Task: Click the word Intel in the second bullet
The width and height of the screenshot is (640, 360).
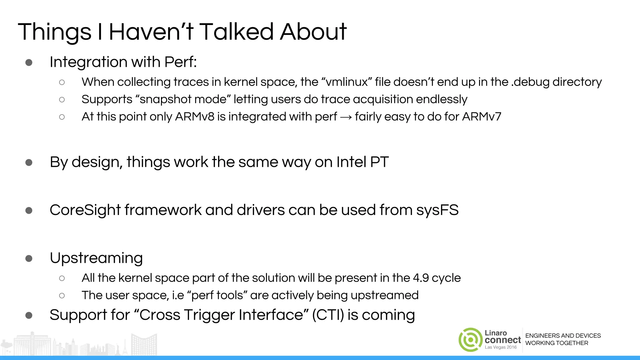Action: pos(351,162)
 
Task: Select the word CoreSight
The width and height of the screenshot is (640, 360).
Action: pos(85,210)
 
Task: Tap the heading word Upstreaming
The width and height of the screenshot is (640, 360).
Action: pos(96,258)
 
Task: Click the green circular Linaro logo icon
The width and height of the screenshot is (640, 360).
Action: pos(470,340)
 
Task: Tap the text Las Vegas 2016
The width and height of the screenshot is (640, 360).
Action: pos(501,347)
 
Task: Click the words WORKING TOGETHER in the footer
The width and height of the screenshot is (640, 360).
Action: pos(557,343)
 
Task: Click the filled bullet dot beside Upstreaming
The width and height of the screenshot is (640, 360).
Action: pos(29,258)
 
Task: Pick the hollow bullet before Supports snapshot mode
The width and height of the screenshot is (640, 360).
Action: pos(62,100)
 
